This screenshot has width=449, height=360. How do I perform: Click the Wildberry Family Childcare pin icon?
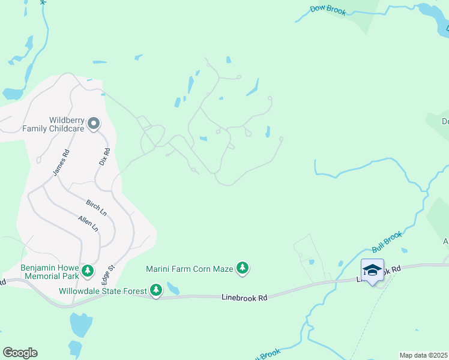94,123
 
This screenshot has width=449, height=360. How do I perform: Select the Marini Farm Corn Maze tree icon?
243,268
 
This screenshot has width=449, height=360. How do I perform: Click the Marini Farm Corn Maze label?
190,269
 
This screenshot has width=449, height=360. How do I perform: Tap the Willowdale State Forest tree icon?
156,291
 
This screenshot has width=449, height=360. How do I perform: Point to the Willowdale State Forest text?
103,292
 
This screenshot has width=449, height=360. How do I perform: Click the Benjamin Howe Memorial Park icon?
88,271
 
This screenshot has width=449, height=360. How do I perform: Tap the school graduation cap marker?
372,270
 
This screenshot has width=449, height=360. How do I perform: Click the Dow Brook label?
328,10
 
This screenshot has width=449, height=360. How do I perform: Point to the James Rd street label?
61,163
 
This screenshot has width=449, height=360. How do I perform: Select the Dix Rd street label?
103,157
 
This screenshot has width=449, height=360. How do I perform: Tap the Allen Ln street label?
88,223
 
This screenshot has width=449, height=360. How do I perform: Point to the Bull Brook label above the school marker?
387,241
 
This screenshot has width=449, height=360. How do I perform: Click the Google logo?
20,353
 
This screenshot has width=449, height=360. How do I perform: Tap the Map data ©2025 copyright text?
423,355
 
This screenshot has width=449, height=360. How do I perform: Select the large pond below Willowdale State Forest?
80,325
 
